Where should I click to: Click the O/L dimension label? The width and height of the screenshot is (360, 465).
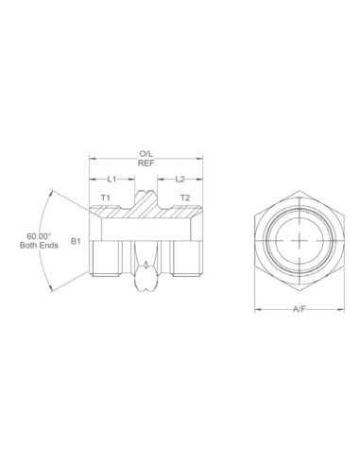(x=146, y=152)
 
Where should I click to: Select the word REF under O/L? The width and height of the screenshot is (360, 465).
(x=146, y=162)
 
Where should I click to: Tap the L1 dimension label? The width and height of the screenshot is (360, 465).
(x=111, y=179)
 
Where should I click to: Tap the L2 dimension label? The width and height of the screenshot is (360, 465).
(x=180, y=179)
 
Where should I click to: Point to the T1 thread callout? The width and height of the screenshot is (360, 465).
(x=107, y=198)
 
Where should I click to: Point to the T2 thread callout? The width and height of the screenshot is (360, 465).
(x=185, y=198)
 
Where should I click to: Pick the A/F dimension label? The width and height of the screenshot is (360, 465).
(x=299, y=308)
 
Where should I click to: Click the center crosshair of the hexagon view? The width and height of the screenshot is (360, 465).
(x=299, y=240)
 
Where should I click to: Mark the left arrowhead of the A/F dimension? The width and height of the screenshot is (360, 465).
(x=259, y=308)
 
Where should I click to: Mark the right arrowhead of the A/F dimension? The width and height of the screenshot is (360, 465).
(x=340, y=308)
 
